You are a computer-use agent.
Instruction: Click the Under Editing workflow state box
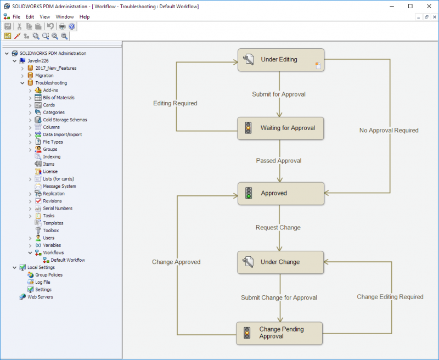click(x=280, y=60)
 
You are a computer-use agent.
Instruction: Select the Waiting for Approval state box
click(x=280, y=128)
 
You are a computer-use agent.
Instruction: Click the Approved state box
click(x=280, y=194)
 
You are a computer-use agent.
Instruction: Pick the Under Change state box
click(x=280, y=262)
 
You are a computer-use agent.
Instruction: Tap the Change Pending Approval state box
click(x=280, y=333)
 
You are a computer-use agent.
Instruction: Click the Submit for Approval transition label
click(x=279, y=94)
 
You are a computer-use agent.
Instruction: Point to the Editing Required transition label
click(x=175, y=103)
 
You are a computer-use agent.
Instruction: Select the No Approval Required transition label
click(x=389, y=131)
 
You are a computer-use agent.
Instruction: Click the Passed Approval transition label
click(x=279, y=161)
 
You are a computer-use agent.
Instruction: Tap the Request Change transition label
click(x=278, y=228)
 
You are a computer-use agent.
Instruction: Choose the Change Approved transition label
click(x=176, y=262)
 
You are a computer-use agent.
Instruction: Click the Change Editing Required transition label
click(x=390, y=297)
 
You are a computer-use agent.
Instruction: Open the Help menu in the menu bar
click(x=85, y=17)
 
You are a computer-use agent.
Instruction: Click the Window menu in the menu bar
click(x=65, y=17)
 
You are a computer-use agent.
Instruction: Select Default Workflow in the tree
click(x=68, y=260)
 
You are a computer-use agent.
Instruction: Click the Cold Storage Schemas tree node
click(x=65, y=120)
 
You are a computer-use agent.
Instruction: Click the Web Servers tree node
click(x=40, y=297)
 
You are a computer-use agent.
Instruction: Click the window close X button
click(x=426, y=6)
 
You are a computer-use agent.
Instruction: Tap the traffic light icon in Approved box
click(x=248, y=194)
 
